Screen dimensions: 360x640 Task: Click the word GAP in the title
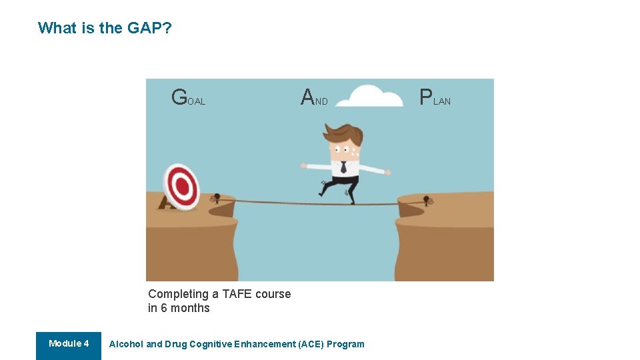tap(143, 28)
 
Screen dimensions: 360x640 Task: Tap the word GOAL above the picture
tap(188, 98)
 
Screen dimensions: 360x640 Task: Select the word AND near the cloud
tap(314, 98)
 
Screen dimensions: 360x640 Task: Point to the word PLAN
tap(435, 98)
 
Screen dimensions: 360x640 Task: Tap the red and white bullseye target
tap(181, 186)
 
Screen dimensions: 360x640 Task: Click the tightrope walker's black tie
tap(343, 167)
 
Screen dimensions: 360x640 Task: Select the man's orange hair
tap(345, 134)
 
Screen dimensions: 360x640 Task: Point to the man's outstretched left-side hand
tap(304, 165)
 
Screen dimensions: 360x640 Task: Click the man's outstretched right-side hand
tap(387, 172)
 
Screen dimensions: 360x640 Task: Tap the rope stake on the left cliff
tap(217, 198)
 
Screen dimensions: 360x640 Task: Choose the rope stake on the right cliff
tap(427, 199)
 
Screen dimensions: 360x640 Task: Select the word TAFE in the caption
tap(237, 294)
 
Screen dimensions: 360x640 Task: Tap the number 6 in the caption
tap(164, 308)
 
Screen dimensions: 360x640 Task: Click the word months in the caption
tap(190, 308)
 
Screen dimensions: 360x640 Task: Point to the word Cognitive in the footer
tap(211, 345)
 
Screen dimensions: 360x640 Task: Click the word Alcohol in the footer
tap(126, 345)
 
